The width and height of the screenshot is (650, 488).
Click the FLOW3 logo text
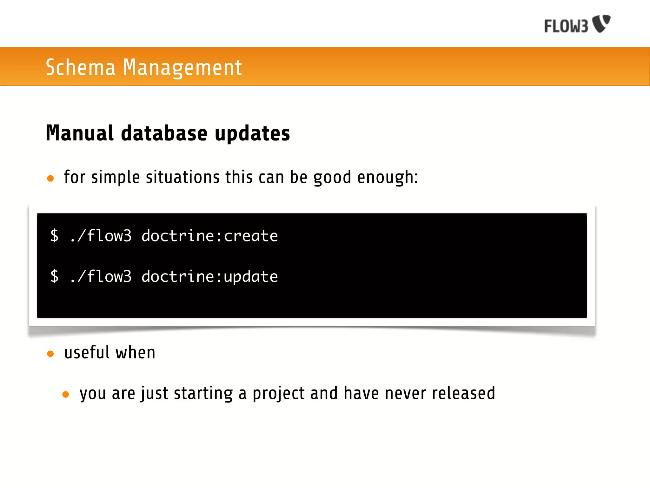[x=566, y=26]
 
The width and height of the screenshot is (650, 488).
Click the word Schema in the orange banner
[x=80, y=67]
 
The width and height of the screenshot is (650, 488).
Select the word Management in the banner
[x=182, y=67]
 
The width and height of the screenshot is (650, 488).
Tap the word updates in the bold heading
[x=252, y=133]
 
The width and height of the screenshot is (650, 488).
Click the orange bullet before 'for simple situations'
[x=50, y=178]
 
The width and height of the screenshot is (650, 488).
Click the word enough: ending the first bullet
[x=388, y=177]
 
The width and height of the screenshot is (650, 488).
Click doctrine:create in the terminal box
[x=209, y=236]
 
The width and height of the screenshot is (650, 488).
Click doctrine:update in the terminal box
[x=209, y=277]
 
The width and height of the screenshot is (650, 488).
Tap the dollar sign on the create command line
[x=55, y=236]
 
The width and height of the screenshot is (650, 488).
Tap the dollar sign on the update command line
[x=55, y=276]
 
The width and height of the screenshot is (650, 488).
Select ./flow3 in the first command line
[x=100, y=236]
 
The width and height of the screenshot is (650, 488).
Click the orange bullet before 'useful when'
[x=50, y=354]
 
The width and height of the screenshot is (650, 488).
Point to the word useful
[x=87, y=352]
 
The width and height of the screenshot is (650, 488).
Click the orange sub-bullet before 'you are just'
[x=66, y=395]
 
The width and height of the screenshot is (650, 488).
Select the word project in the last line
[x=279, y=394]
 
